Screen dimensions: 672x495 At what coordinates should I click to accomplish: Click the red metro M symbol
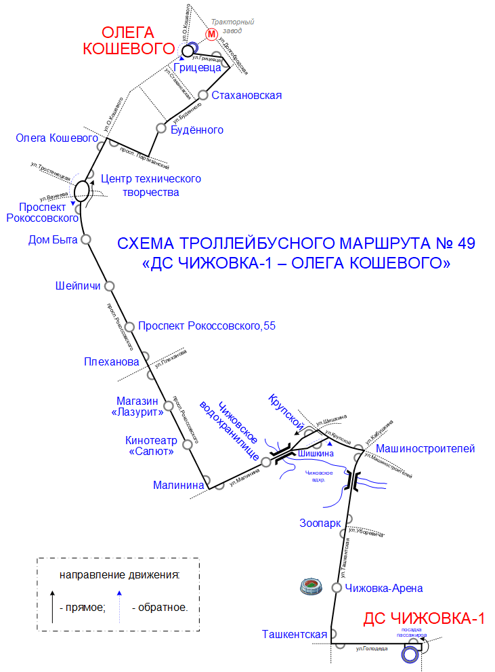click(x=212, y=33)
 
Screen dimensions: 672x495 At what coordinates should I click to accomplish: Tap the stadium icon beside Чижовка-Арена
click(x=312, y=587)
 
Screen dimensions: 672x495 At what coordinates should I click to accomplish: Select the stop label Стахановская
click(x=246, y=95)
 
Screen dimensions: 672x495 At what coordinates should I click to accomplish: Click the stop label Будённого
click(x=197, y=130)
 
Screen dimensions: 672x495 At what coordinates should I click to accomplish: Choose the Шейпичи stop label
click(x=77, y=285)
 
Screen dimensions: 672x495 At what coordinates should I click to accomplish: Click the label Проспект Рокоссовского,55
click(x=207, y=326)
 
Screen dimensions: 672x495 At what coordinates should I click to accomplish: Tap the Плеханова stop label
click(x=112, y=361)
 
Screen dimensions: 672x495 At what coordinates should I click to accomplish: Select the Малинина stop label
click(x=179, y=485)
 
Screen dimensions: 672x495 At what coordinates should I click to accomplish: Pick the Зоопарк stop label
click(x=320, y=523)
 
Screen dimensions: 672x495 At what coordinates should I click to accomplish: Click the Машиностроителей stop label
click(x=425, y=448)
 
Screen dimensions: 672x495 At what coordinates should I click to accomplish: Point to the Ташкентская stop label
click(x=295, y=635)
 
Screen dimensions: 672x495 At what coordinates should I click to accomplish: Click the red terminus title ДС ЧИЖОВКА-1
click(x=424, y=618)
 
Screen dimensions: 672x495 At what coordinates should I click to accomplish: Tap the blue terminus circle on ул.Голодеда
click(x=410, y=655)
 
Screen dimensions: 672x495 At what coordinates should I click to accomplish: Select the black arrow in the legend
click(x=53, y=606)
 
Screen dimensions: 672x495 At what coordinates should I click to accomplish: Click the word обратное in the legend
click(x=163, y=607)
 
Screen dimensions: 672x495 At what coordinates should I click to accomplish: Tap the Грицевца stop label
click(x=197, y=67)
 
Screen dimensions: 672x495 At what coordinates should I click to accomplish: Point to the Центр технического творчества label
click(x=150, y=185)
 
